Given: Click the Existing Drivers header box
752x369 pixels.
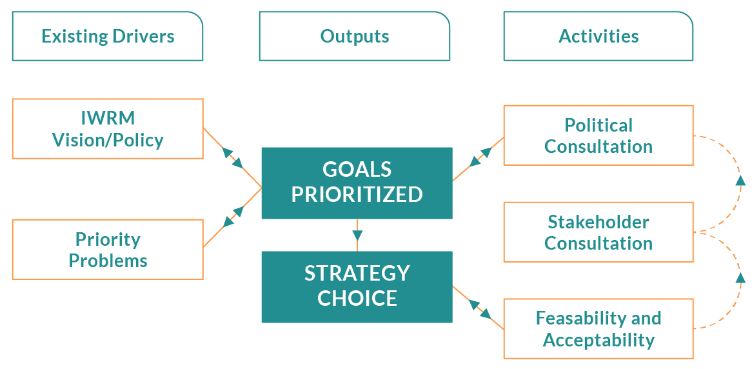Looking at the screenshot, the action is pos(108,37).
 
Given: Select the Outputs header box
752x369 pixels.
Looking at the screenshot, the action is pos(355,37).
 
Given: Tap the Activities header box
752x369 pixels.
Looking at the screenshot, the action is pos(599,37).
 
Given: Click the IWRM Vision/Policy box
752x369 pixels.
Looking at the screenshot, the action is pos(108,128).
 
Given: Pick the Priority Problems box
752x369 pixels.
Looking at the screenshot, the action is pos(108,250).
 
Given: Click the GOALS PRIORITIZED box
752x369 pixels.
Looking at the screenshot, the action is pos(357,183).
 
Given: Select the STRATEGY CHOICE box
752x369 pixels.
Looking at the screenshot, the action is pos(357,286).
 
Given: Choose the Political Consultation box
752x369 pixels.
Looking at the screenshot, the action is pos(599,135).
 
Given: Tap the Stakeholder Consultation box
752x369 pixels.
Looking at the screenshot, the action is pos(599,232).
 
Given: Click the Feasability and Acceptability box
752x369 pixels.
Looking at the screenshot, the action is pos(599,329).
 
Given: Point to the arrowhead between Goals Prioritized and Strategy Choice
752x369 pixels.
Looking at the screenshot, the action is pos(357,235).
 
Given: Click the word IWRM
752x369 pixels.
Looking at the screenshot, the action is pos(108,118).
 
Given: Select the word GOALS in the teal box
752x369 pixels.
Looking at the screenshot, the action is pos(357,170).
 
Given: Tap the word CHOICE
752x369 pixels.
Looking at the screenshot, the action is pos(357,298).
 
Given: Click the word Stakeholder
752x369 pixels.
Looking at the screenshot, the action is pos(599,222).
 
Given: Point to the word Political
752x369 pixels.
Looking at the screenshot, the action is pos(599,125).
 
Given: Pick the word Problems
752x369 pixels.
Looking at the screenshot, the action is pos(108,261).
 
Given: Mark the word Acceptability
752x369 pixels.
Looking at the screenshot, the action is pos(599,340).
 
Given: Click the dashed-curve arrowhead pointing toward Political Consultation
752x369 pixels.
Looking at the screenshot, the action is pos(740,181).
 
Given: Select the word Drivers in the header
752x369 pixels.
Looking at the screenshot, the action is pos(146,37).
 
